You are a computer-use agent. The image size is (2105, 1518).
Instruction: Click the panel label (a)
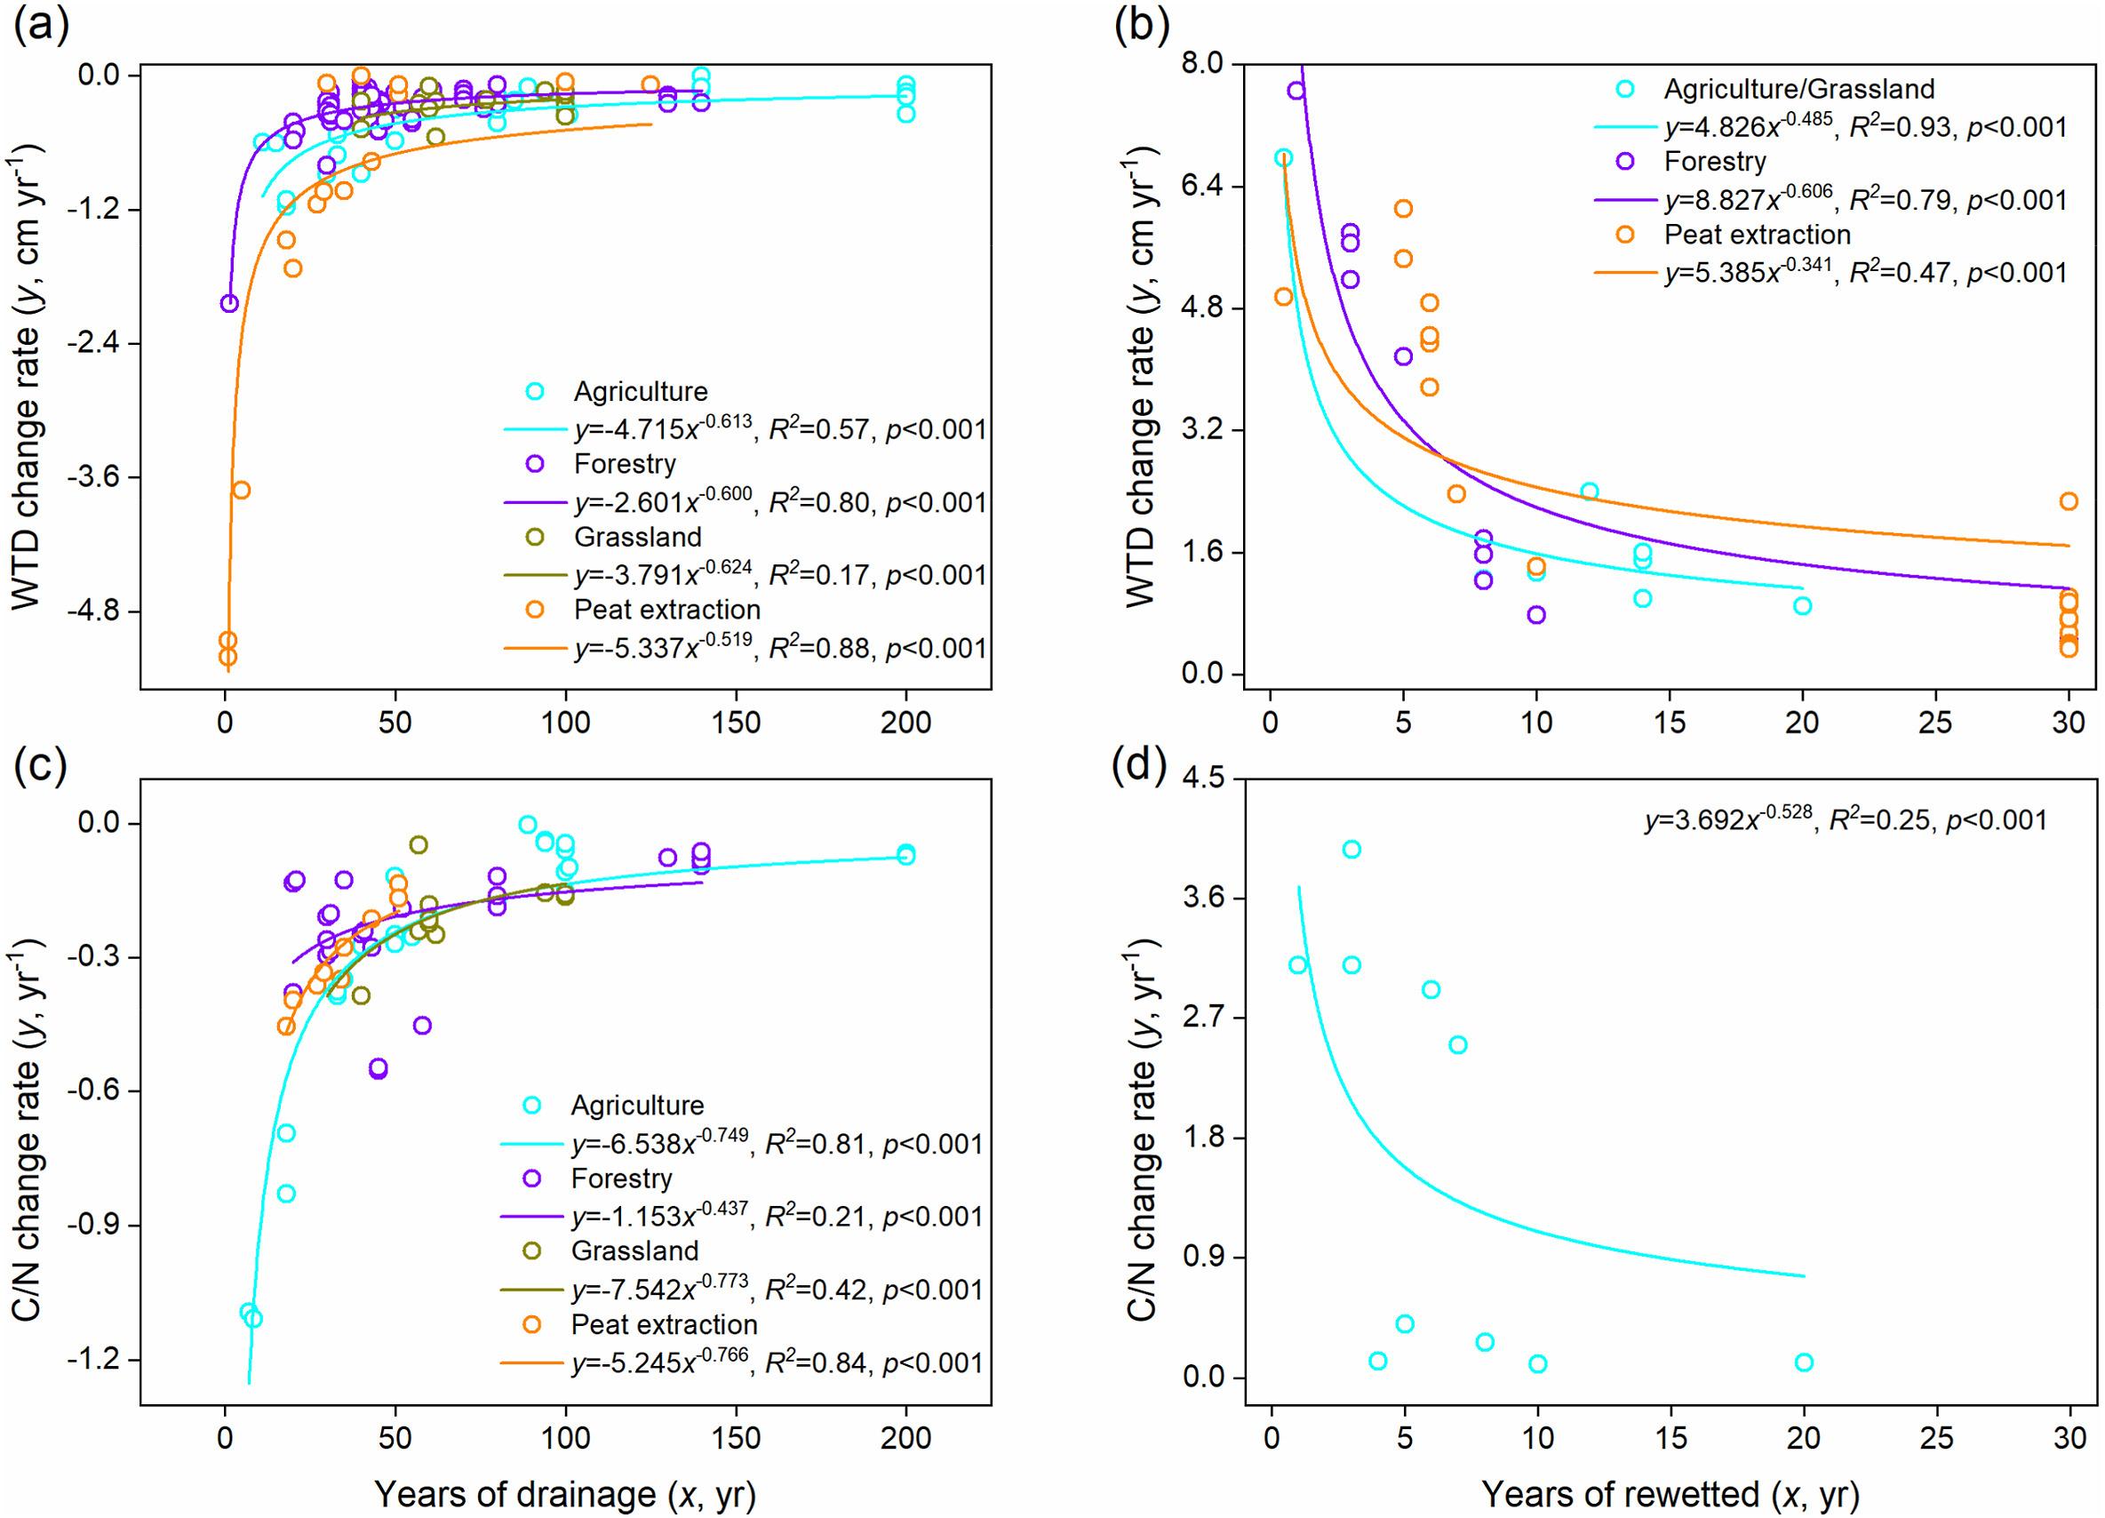click(x=41, y=28)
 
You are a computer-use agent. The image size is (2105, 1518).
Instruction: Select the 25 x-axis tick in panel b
click(x=1936, y=724)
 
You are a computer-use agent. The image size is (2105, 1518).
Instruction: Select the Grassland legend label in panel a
click(x=638, y=537)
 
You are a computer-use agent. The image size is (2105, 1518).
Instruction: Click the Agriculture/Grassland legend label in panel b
click(x=1798, y=88)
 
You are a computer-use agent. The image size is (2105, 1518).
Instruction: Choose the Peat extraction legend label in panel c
click(x=665, y=1324)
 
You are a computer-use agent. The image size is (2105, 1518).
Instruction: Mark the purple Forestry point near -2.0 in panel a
click(x=229, y=303)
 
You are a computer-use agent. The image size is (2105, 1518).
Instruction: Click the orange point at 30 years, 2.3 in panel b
click(x=2068, y=501)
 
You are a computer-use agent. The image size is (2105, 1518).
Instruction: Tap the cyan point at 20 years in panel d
click(x=1805, y=1362)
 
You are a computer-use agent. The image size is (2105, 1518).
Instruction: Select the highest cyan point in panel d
click(x=1352, y=849)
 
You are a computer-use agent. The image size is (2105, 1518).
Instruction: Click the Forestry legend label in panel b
click(x=1714, y=162)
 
